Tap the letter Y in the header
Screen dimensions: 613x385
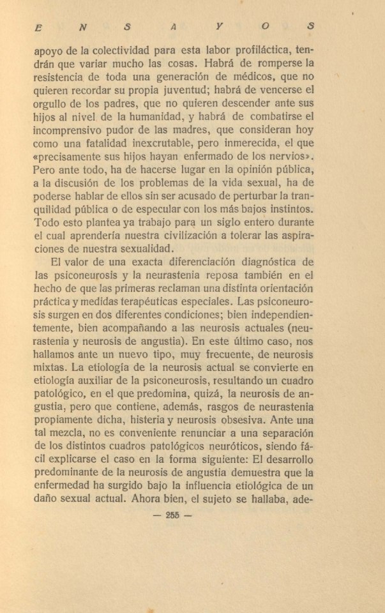pos(219,27)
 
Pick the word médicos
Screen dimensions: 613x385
pos(240,79)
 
